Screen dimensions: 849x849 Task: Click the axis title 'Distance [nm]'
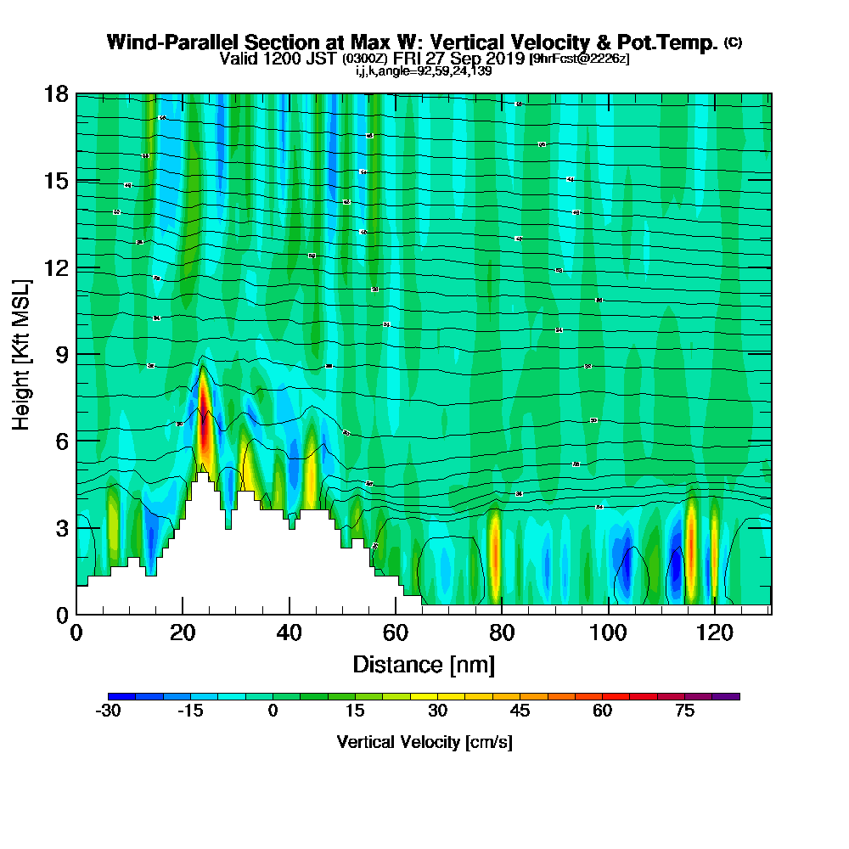click(424, 663)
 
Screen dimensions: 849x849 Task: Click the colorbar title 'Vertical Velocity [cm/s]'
click(424, 742)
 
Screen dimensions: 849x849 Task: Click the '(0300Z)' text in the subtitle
click(365, 59)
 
